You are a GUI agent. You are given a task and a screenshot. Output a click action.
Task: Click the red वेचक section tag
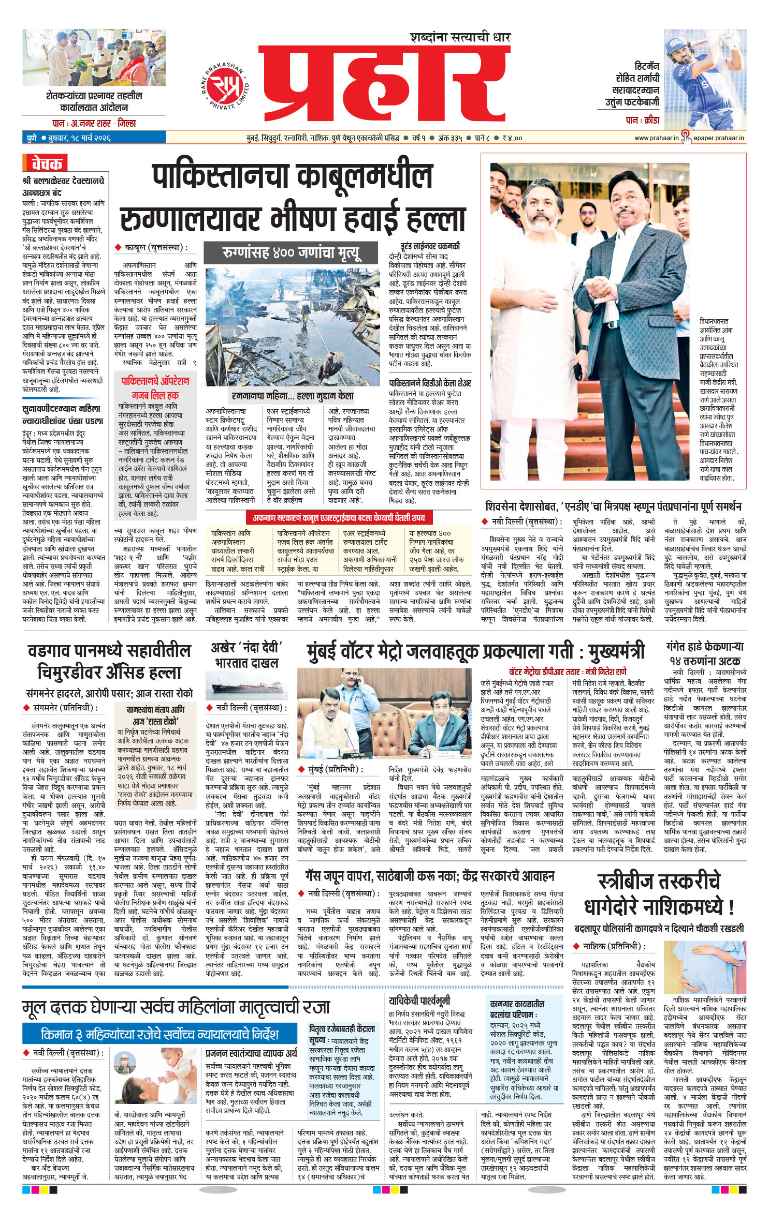coord(46,163)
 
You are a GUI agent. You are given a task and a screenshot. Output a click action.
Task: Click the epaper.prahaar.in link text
coord(719,138)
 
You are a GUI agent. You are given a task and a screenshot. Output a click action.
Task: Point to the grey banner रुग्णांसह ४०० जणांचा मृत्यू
coord(291,253)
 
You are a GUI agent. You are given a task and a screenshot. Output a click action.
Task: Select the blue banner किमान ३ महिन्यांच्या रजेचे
coord(159,1034)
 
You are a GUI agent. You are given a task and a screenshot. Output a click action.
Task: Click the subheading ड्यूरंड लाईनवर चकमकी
coord(430,246)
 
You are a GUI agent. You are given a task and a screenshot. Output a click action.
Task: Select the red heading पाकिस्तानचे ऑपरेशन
coord(155,381)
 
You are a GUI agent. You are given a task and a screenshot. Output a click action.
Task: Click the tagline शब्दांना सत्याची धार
coord(460,37)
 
